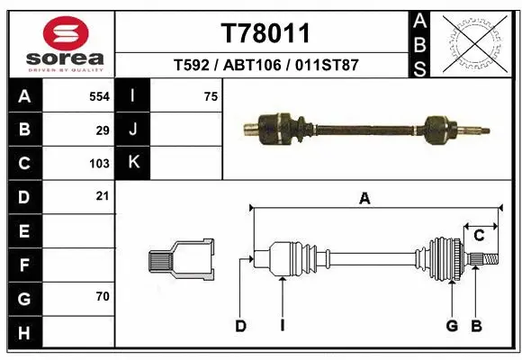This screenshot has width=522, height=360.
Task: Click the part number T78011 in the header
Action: click(x=265, y=33)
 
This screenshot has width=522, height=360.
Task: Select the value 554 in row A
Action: click(x=99, y=96)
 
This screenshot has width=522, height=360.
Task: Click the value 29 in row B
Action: click(x=103, y=130)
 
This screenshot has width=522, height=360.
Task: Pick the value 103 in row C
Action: click(x=99, y=164)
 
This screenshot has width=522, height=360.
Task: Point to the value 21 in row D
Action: click(x=103, y=196)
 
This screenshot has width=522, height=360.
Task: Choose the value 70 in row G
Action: click(x=103, y=295)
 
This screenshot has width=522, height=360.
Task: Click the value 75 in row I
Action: click(x=211, y=96)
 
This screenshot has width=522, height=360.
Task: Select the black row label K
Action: click(x=133, y=163)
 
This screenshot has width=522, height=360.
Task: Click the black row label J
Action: click(x=133, y=130)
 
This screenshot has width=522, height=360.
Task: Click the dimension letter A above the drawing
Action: click(x=364, y=200)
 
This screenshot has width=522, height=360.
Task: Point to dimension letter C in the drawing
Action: click(x=479, y=235)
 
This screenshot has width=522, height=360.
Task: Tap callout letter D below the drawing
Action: click(x=240, y=326)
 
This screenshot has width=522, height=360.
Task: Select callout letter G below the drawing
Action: click(x=453, y=326)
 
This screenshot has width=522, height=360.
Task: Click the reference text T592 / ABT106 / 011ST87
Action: click(x=265, y=66)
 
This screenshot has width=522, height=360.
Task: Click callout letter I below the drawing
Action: click(x=282, y=326)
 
